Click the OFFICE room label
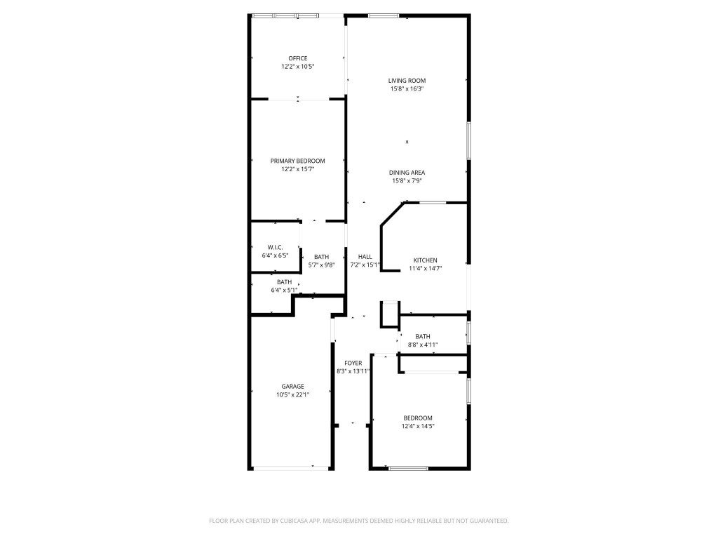pyautogui.click(x=297, y=58)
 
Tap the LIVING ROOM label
pyautogui.click(x=407, y=81)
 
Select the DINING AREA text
pyautogui.click(x=407, y=173)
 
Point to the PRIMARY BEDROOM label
pyautogui.click(x=297, y=161)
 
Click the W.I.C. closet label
pyautogui.click(x=275, y=247)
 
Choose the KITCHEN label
pyautogui.click(x=425, y=260)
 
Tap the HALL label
pyautogui.click(x=365, y=257)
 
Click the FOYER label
pyautogui.click(x=353, y=363)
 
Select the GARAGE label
pyautogui.click(x=292, y=387)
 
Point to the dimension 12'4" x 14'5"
pyautogui.click(x=418, y=426)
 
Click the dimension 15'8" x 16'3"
pyautogui.click(x=407, y=89)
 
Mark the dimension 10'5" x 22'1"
pyautogui.click(x=292, y=395)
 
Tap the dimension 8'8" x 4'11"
pyautogui.click(x=423, y=345)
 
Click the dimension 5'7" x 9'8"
pyautogui.click(x=321, y=265)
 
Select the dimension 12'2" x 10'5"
pyautogui.click(x=297, y=67)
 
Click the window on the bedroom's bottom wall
pyautogui.click(x=408, y=468)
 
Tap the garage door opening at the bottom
pyautogui.click(x=291, y=468)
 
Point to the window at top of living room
pyautogui.click(x=384, y=15)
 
